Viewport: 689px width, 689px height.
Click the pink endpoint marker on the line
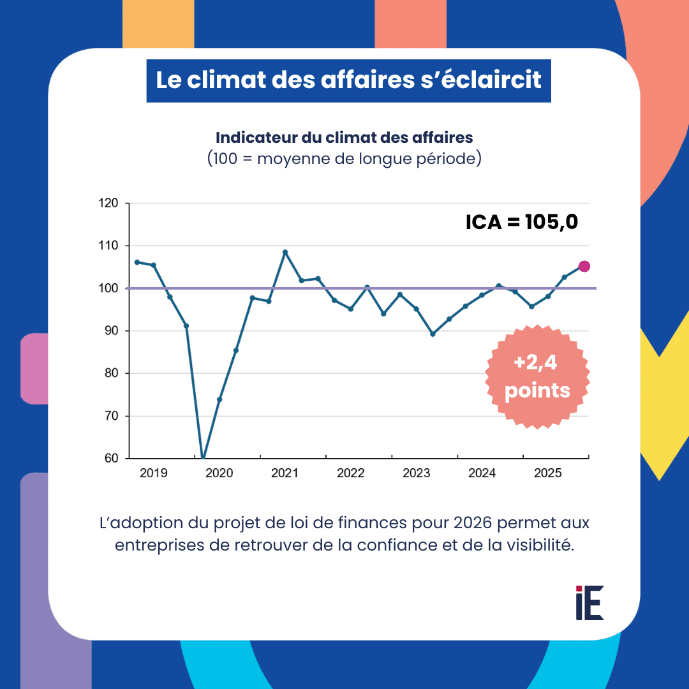click(584, 266)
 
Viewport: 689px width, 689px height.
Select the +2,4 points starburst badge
click(537, 377)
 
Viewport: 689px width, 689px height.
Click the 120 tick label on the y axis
click(109, 204)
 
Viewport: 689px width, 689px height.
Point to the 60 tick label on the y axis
click(112, 458)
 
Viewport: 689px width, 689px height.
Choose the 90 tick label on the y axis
click(112, 330)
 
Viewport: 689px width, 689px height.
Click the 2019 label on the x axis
click(153, 473)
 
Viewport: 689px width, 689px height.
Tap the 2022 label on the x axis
click(350, 473)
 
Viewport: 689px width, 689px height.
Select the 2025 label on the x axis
click(547, 473)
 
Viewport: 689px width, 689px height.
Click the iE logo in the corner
click(589, 602)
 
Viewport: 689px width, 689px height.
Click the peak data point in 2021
click(285, 252)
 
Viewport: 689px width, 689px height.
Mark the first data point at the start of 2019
click(137, 262)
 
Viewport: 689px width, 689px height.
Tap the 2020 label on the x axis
click(219, 473)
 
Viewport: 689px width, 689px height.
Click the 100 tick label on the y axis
click(109, 288)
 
